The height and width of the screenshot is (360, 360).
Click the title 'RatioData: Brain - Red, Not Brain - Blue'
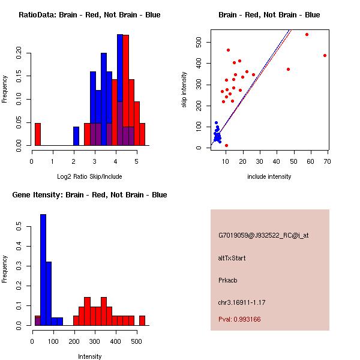click(89, 15)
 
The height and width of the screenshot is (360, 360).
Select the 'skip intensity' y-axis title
click(184, 90)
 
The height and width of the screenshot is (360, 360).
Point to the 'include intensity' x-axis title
click(269, 176)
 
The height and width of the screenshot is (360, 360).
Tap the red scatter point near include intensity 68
click(325, 55)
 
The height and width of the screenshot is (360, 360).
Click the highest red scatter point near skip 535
click(307, 34)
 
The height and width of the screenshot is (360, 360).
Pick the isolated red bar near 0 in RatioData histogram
click(38, 134)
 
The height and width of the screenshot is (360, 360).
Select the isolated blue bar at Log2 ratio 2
click(76, 136)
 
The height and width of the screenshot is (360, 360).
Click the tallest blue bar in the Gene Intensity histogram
click(43, 270)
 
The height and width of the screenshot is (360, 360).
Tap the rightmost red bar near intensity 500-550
click(142, 320)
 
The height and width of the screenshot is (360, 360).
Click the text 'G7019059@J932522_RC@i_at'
click(263, 236)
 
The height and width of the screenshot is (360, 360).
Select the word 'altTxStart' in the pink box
click(232, 258)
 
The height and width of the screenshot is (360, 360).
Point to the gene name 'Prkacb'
click(228, 280)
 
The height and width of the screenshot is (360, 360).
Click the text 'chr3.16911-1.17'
click(241, 302)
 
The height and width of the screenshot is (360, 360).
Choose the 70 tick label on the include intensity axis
click(327, 161)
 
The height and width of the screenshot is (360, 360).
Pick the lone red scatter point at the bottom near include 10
click(226, 145)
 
